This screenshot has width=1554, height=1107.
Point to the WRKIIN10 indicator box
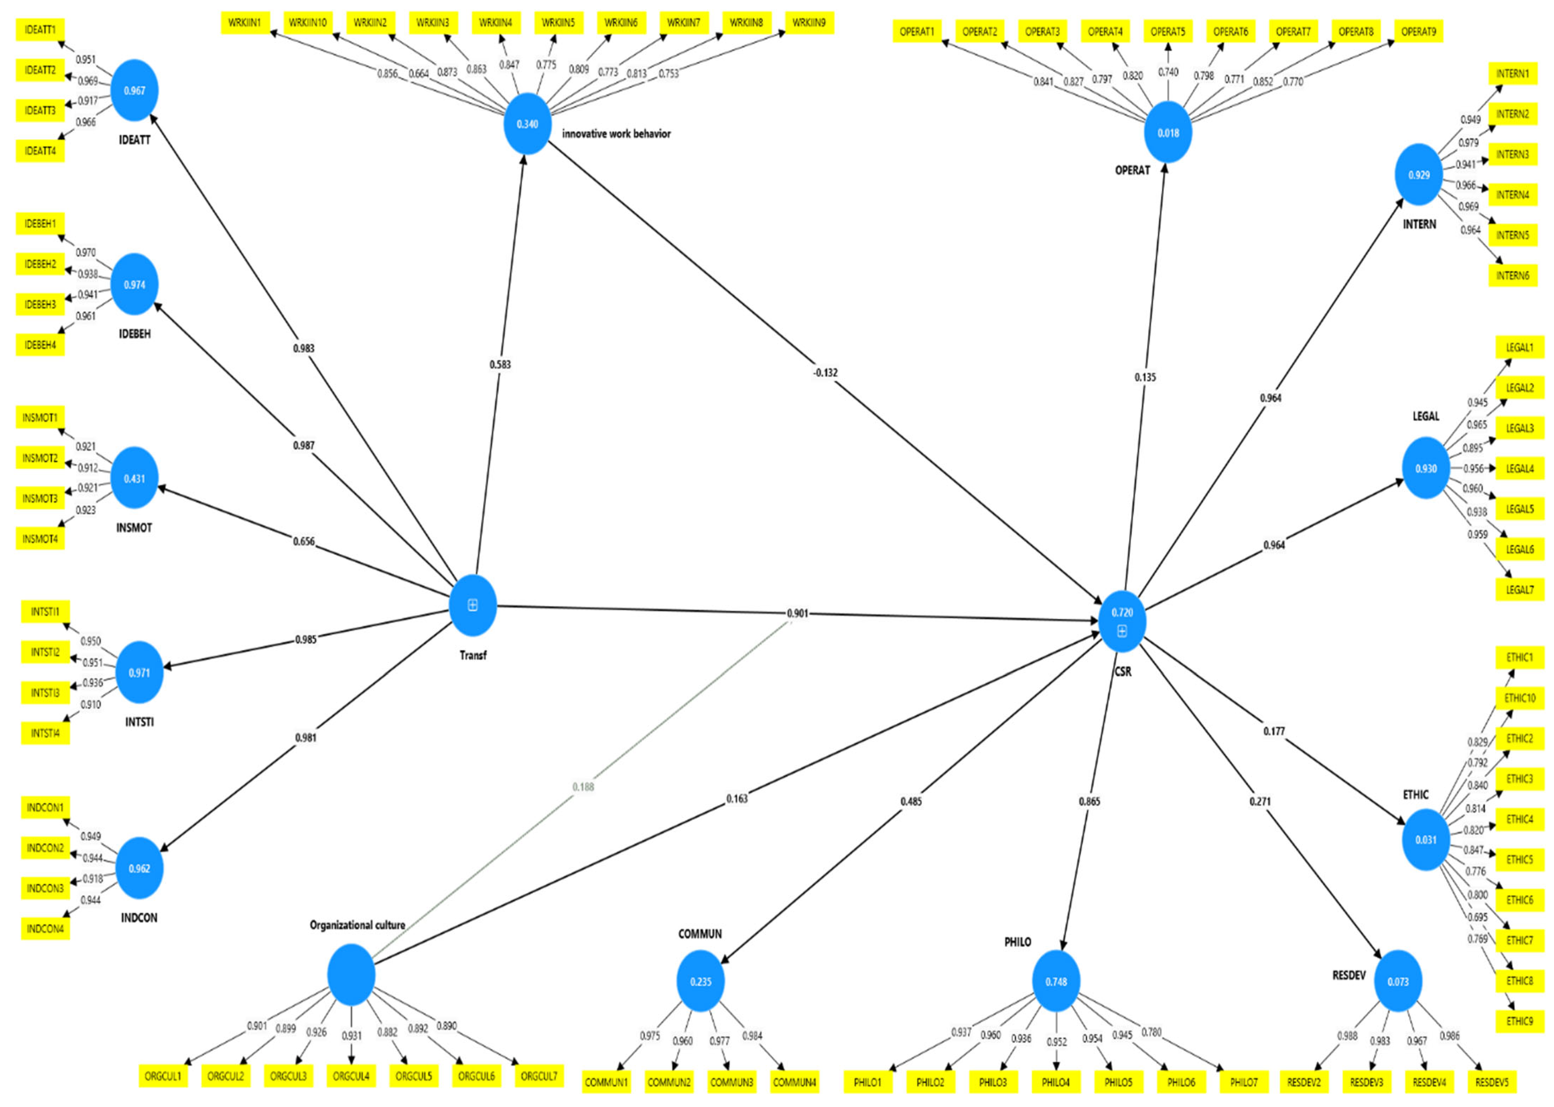[307, 23]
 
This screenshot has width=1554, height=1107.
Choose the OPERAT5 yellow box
[1168, 31]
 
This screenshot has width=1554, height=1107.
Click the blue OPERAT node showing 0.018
[1168, 132]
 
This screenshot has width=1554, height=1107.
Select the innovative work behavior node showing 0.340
[527, 124]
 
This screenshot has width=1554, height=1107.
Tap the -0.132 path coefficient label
[825, 373]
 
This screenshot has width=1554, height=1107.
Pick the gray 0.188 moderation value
[583, 787]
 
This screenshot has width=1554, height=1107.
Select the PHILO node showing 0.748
[1056, 982]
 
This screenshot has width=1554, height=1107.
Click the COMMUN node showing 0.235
[700, 982]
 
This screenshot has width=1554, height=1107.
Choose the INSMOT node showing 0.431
[134, 479]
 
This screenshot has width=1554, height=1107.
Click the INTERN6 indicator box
[1512, 276]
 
